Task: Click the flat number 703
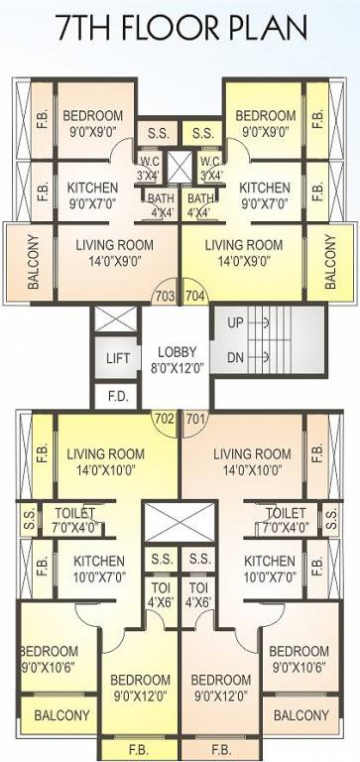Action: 165,295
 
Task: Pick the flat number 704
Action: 195,295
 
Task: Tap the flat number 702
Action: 165,418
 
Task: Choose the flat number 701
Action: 195,418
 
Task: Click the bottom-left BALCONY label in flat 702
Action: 61,715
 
